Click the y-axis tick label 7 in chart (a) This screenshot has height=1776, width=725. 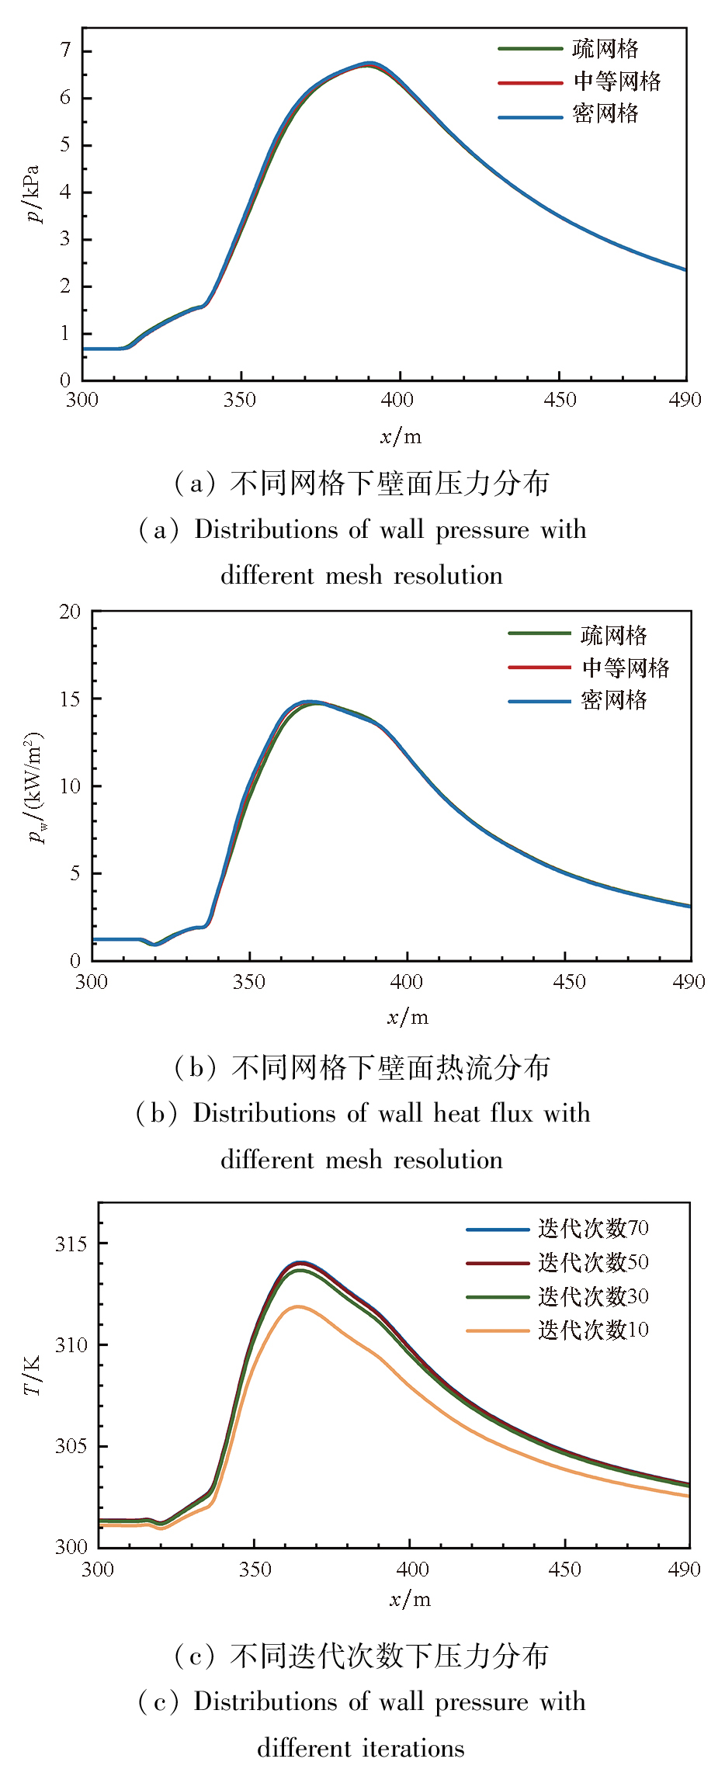[x=65, y=50]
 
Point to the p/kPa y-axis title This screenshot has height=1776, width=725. [x=33, y=193]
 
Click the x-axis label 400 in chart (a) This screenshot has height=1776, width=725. [x=397, y=401]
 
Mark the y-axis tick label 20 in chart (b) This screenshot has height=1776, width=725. [x=70, y=612]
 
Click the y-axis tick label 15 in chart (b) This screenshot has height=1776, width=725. [x=70, y=699]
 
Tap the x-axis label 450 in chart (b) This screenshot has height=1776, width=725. [x=569, y=982]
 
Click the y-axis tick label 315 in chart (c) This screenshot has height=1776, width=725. [x=71, y=1244]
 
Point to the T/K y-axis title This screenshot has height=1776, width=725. [x=33, y=1375]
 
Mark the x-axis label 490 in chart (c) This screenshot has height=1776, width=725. [x=684, y=1570]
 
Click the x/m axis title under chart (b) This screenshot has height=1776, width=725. [x=408, y=1017]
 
